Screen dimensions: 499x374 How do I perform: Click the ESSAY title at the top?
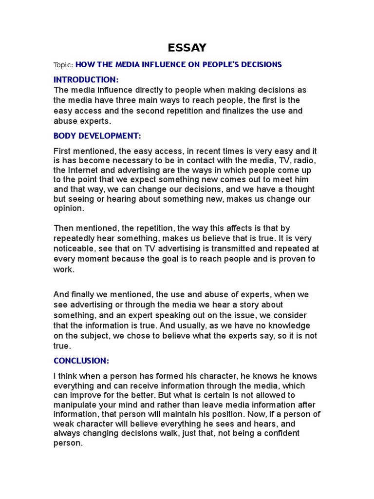pyautogui.click(x=187, y=47)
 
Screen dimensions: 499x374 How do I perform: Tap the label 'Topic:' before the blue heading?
pyautogui.click(x=63, y=65)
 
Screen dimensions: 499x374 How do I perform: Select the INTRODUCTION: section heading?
pyautogui.click(x=86, y=79)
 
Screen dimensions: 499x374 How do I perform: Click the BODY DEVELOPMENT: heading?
pyautogui.click(x=97, y=136)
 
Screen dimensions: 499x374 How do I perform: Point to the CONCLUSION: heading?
pyautogui.click(x=81, y=361)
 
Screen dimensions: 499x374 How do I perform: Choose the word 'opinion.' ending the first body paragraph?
pyautogui.click(x=69, y=208)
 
